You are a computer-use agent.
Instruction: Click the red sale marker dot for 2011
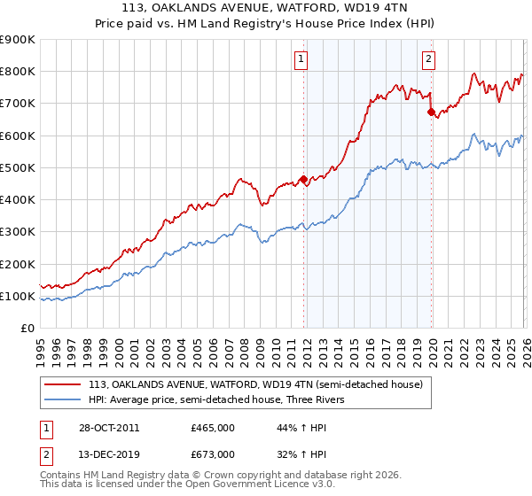pyautogui.click(x=304, y=180)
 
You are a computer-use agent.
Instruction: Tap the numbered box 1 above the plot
pyautogui.click(x=301, y=59)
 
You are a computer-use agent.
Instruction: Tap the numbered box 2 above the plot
pyautogui.click(x=428, y=59)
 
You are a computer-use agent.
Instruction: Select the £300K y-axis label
pyautogui.click(x=18, y=232)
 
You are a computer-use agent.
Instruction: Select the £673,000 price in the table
pyautogui.click(x=212, y=453)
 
